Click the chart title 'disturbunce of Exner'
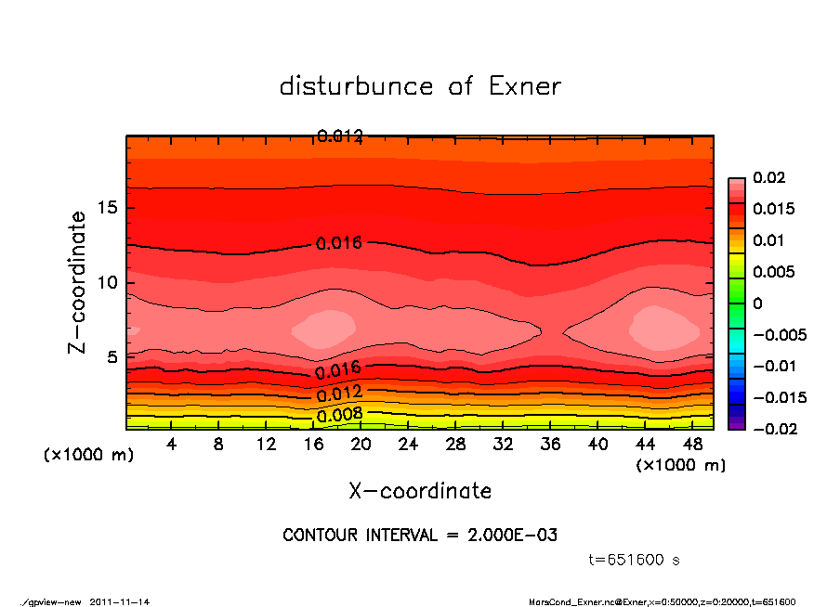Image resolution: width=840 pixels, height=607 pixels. (420, 86)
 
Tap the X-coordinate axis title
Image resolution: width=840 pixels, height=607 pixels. (420, 491)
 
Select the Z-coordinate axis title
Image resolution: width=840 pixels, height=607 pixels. (78, 282)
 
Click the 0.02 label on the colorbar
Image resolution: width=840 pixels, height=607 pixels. (769, 177)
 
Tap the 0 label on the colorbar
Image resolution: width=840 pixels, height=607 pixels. (757, 303)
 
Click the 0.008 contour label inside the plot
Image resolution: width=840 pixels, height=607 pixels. (339, 415)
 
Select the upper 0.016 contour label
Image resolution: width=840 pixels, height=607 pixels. (339, 243)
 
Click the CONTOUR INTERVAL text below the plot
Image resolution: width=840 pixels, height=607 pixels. (420, 536)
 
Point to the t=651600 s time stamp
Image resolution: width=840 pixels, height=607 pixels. (636, 561)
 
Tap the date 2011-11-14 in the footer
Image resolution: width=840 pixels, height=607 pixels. (120, 601)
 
